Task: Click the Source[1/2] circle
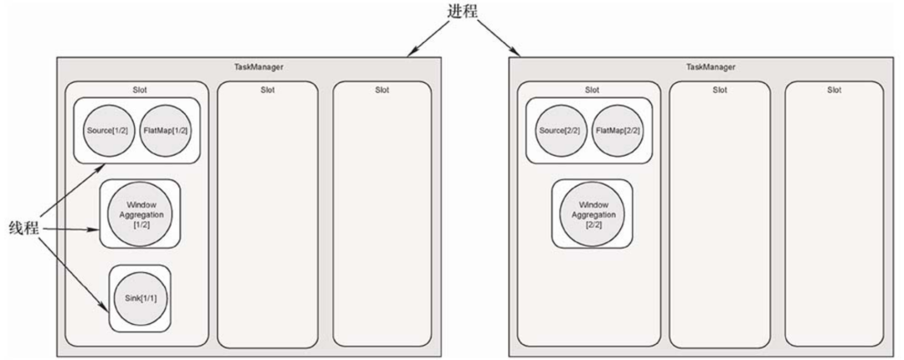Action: (105, 131)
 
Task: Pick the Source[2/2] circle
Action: (558, 131)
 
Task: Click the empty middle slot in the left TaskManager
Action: (267, 218)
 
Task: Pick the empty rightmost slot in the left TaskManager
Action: (383, 218)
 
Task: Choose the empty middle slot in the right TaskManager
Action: (720, 218)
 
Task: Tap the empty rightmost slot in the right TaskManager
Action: (835, 218)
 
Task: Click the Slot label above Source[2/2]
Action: (592, 90)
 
